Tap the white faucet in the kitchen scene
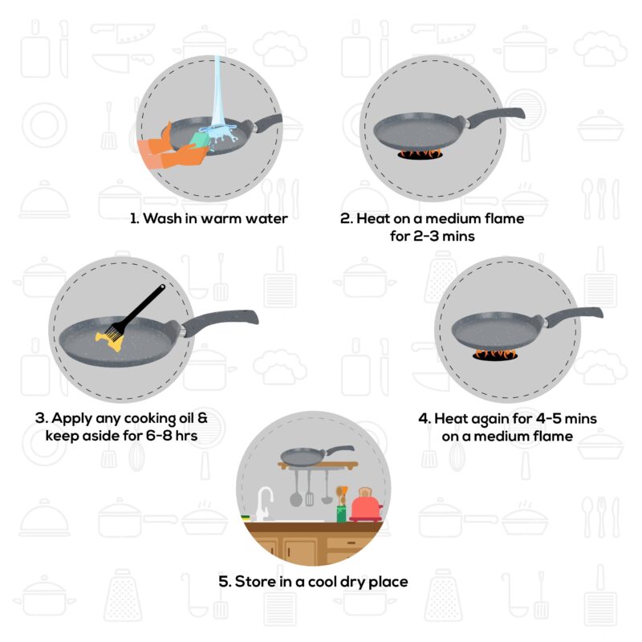[x=262, y=501]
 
